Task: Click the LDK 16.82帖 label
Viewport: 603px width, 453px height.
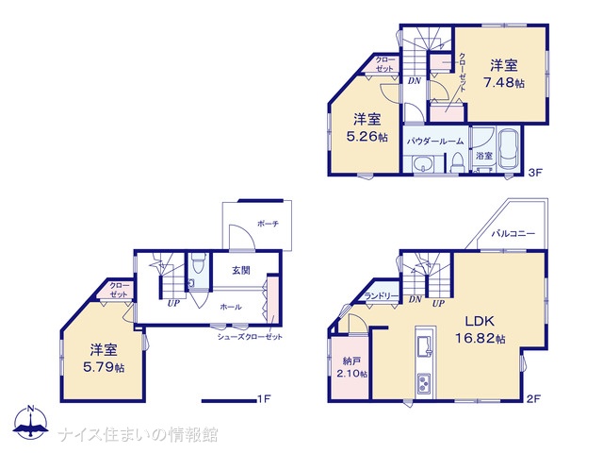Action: [x=480, y=329]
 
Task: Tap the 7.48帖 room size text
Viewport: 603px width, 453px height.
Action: [x=504, y=82]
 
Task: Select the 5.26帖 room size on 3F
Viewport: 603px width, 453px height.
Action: [x=367, y=137]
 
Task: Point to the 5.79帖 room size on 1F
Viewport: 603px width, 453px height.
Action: [x=104, y=367]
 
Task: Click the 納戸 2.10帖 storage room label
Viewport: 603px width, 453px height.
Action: [x=351, y=367]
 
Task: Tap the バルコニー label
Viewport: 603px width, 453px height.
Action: [x=513, y=233]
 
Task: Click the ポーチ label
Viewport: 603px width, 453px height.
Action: [x=268, y=224]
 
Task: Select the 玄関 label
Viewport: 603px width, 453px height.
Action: [x=241, y=271]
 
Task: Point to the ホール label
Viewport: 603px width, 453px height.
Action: [x=231, y=307]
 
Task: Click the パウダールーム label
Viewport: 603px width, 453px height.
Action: [x=435, y=141]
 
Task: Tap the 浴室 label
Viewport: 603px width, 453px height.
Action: [x=484, y=156]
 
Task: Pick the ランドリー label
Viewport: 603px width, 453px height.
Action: [x=382, y=295]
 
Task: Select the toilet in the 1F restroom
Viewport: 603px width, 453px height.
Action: [x=198, y=263]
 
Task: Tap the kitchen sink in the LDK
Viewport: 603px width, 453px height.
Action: [x=425, y=345]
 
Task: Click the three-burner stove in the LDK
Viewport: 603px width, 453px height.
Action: [x=425, y=383]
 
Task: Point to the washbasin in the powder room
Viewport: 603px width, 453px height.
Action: [x=423, y=165]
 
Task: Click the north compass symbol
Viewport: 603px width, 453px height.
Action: [x=30, y=421]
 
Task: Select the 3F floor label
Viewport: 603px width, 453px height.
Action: [x=534, y=172]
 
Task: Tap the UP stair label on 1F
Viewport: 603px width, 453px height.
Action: [x=173, y=303]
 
